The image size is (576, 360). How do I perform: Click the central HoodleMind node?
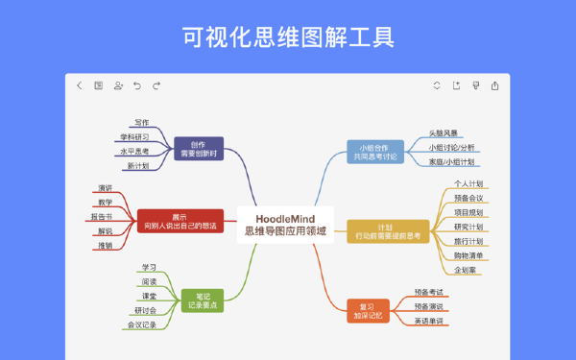coord(285,224)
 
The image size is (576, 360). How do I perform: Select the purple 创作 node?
coord(198,148)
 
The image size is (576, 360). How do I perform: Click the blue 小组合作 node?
coord(374,151)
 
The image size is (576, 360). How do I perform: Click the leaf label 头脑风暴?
coord(443,133)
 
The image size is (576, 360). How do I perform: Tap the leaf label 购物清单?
coord(468,255)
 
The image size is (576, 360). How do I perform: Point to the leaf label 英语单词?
coord(429,321)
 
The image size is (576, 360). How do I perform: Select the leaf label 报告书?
coord(102,216)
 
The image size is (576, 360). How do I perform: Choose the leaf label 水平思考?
coord(133,151)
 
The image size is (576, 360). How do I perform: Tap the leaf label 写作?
coord(141,122)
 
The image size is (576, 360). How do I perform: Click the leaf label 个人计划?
coord(468,182)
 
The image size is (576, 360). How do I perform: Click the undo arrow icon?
coord(137,85)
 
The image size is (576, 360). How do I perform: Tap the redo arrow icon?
coord(156,85)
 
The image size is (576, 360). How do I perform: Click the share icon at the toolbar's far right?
coord(495,85)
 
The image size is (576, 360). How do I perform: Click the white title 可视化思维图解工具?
coord(288,37)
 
